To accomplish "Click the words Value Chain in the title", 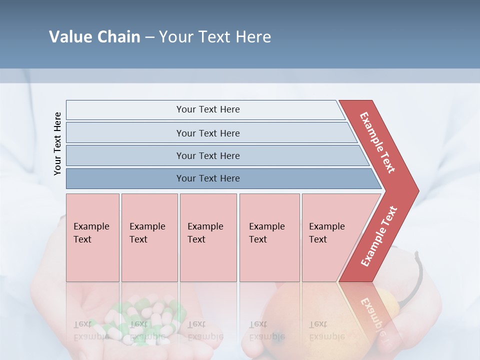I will tap(94, 37).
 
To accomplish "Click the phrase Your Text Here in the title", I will tap(215, 37).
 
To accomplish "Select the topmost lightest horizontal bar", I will tap(125, 110).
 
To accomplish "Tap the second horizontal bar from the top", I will tap(125, 133).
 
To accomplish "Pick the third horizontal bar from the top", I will tap(125, 155).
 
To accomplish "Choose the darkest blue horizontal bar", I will tap(125, 178).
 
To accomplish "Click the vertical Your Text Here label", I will tap(57, 143).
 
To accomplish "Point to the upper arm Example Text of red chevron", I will tap(377, 142).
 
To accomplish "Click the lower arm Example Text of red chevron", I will tap(379, 236).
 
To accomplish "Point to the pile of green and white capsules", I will tap(145, 320).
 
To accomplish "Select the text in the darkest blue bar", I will tap(208, 178).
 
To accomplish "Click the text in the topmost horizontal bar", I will tap(208, 109).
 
